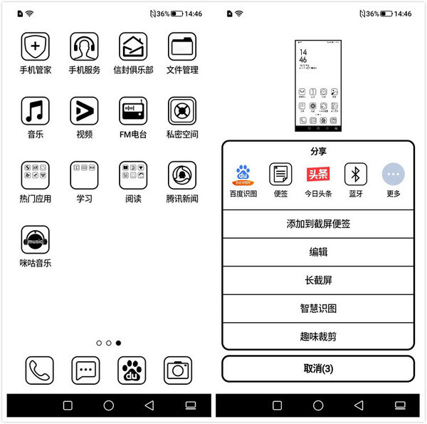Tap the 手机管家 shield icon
pyautogui.click(x=36, y=47)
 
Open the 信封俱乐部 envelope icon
pyautogui.click(x=133, y=47)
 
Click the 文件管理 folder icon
pyautogui.click(x=182, y=47)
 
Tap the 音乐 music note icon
pyautogui.click(x=36, y=111)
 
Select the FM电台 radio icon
pyautogui.click(x=133, y=111)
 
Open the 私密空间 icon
pyautogui.click(x=182, y=111)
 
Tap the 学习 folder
pyautogui.click(x=85, y=175)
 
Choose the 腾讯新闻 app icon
pyautogui.click(x=182, y=175)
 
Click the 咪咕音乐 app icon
pyautogui.click(x=36, y=240)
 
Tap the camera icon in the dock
pyautogui.click(x=178, y=371)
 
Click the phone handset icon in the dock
pyautogui.click(x=40, y=371)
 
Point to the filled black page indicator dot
pyautogui.click(x=118, y=343)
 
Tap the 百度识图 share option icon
pyautogui.click(x=243, y=175)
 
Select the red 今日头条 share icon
pyautogui.click(x=318, y=175)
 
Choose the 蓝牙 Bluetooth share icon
pyautogui.click(x=356, y=175)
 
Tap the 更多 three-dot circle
pyautogui.click(x=394, y=175)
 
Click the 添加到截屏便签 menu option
pyautogui.click(x=318, y=224)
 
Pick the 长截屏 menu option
pyautogui.click(x=318, y=280)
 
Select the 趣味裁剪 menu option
pyautogui.click(x=318, y=336)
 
